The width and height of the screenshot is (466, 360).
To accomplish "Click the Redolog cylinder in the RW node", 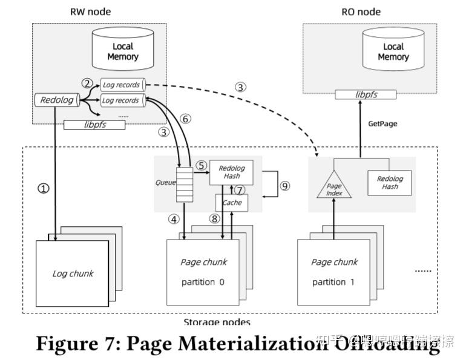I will [57, 99].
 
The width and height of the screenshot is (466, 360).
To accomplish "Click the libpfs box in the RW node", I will [94, 125].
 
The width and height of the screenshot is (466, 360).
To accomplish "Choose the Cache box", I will [231, 202].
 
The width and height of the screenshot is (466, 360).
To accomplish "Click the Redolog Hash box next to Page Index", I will [390, 182].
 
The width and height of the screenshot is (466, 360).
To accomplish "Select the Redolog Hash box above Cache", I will [231, 172].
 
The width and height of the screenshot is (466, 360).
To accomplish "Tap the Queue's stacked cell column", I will [183, 184].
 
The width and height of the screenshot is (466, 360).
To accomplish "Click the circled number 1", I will [43, 188].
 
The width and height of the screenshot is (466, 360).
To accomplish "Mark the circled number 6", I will [185, 120].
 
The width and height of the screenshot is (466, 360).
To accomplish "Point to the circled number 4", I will [175, 220].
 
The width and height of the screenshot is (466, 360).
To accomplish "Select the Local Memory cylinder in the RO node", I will [393, 50].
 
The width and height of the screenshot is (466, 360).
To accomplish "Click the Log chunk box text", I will [73, 273].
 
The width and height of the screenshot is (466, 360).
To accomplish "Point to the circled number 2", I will [88, 83].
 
